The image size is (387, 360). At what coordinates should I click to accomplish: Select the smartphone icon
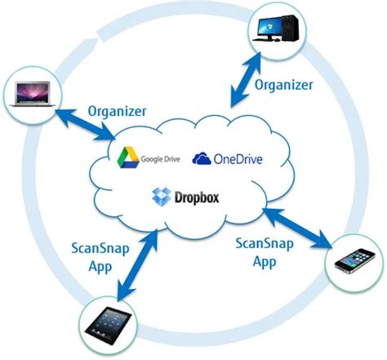[x=356, y=262]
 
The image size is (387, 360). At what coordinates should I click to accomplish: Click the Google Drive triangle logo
[x=127, y=158]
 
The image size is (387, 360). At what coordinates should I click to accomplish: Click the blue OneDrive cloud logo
[x=202, y=158]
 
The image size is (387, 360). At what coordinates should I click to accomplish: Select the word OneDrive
[x=240, y=158]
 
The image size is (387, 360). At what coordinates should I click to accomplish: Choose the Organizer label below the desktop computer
[x=282, y=84]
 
